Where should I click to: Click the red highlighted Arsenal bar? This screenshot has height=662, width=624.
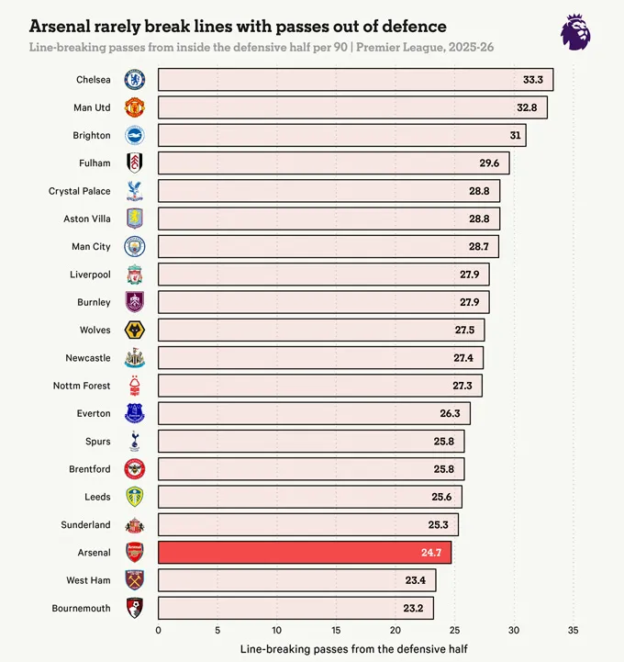point(304,552)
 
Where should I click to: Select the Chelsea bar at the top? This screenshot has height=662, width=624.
point(355,80)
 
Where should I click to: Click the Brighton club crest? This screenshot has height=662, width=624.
point(135,135)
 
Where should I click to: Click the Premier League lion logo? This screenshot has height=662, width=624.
point(575,31)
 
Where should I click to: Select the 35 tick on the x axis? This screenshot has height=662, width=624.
point(573,630)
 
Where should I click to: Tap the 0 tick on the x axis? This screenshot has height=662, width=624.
point(158,630)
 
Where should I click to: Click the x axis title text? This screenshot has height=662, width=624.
point(353,649)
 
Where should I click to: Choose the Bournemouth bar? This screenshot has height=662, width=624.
point(295,608)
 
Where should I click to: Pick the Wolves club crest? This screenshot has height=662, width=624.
point(135,330)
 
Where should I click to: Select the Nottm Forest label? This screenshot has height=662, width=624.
point(82,386)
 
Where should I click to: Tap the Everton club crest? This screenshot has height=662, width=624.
point(135,413)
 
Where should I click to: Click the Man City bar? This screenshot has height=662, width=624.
point(329,246)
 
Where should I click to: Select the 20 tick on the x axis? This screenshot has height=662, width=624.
point(395,630)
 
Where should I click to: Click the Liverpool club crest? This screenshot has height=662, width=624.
point(135,275)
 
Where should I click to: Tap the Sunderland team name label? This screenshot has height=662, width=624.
point(85,524)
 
